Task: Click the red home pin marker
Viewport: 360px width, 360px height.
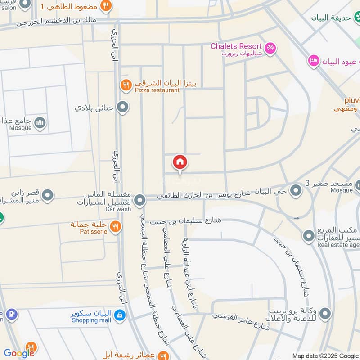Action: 180,162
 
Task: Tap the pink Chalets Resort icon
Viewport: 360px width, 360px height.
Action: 270,48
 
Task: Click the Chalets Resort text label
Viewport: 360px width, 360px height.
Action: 236,46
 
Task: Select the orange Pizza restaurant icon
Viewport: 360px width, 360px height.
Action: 126,84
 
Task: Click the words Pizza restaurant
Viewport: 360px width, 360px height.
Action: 157,90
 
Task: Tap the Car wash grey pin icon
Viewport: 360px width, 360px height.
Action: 140,199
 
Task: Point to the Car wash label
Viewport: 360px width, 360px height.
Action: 118,209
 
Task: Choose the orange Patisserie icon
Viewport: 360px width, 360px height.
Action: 116,226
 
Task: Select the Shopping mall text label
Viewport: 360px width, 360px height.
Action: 91,320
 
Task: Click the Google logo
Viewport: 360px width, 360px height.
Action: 19,353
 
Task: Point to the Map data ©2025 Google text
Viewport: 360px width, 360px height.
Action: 325,355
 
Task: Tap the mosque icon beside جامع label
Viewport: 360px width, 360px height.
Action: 40,122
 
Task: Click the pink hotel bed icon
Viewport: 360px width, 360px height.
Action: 314,60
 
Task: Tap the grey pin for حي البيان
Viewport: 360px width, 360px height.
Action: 296,191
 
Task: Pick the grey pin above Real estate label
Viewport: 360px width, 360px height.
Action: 309,235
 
